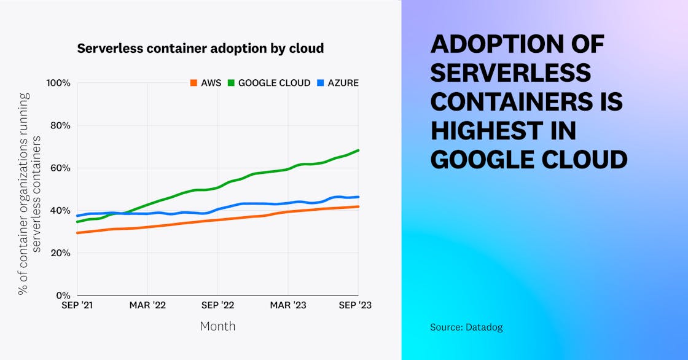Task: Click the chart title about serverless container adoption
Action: [x=200, y=49]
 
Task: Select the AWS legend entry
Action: [x=206, y=83]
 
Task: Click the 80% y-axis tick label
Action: [x=60, y=125]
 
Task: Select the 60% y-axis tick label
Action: [x=60, y=168]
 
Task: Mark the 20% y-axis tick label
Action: [x=60, y=252]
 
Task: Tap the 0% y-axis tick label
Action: [x=63, y=295]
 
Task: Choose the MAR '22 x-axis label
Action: [x=147, y=305]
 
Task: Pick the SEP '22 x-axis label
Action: [x=218, y=305]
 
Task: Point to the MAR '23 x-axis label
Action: [x=288, y=305]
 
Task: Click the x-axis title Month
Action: [x=217, y=326]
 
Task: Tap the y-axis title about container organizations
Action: [x=29, y=194]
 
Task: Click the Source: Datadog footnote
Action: [x=466, y=327]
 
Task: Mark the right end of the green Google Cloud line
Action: [x=358, y=151]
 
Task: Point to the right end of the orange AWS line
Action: [x=358, y=206]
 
